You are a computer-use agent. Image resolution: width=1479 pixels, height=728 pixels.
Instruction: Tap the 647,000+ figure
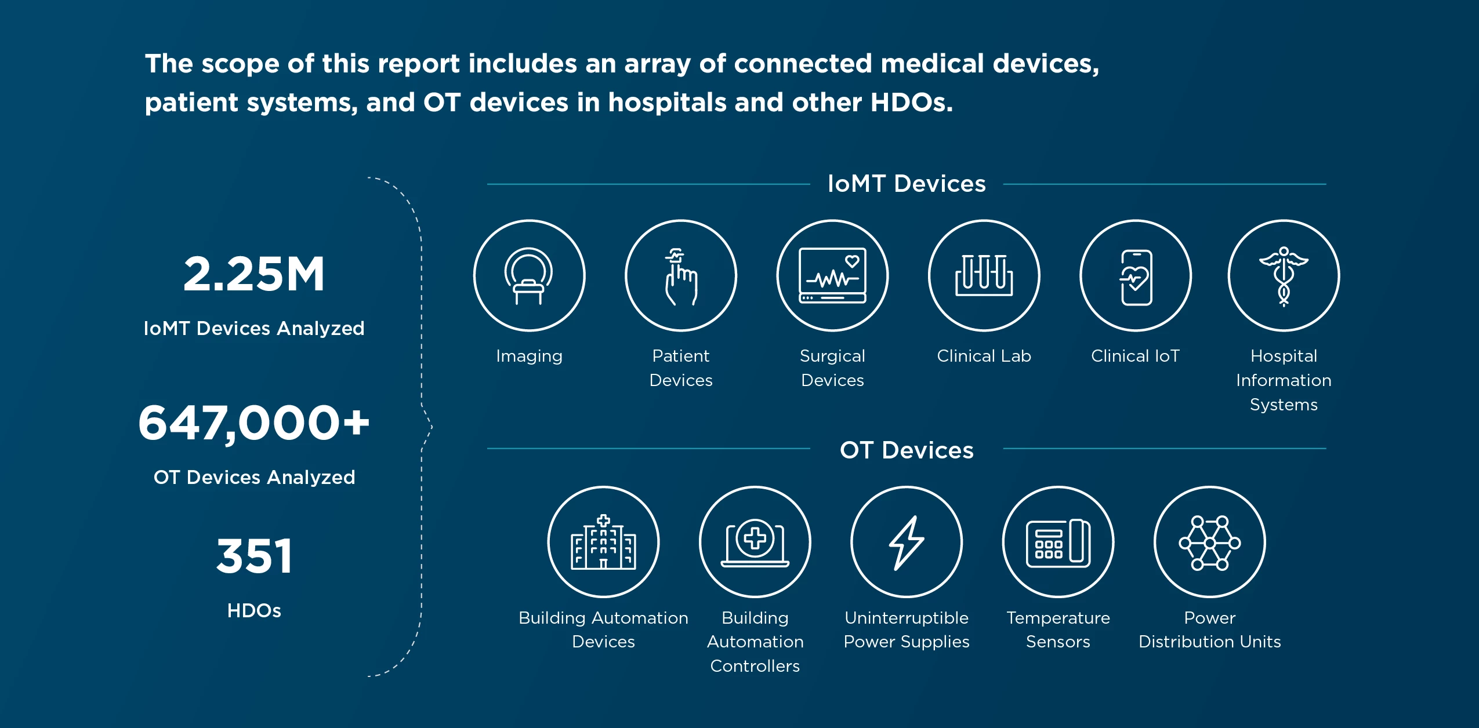253,423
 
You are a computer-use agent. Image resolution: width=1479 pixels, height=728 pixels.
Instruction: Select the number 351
254,556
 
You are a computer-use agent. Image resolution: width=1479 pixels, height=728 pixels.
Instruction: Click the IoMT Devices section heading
907,184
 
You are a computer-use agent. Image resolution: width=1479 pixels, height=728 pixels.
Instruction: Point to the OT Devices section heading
907,450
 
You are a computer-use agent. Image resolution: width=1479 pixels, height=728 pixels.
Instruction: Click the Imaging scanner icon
529,275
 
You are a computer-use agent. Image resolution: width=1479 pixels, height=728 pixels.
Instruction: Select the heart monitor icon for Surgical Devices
832,275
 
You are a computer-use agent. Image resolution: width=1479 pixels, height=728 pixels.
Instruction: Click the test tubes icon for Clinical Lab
984,275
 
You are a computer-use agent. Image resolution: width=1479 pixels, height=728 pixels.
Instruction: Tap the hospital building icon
604,542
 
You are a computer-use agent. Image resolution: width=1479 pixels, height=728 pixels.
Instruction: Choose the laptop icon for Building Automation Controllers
755,542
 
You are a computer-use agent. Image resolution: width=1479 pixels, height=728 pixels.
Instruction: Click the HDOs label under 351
254,610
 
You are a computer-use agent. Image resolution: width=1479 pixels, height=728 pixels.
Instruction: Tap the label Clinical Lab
984,356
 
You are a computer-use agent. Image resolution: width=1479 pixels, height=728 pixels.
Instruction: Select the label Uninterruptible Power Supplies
907,630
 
